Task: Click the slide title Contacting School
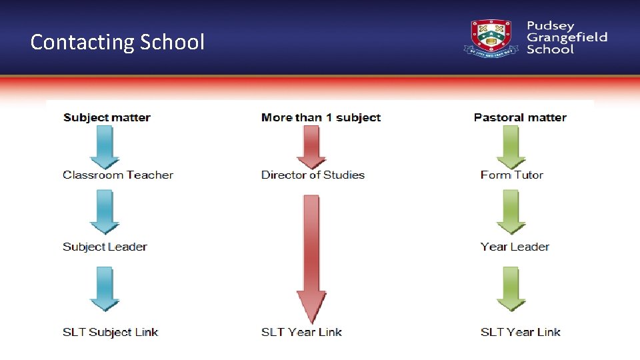[x=117, y=42]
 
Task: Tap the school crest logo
[x=491, y=37]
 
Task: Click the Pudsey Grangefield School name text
[x=566, y=37]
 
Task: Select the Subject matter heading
[x=107, y=118]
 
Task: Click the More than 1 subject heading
[x=321, y=118]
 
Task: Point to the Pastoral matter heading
[x=520, y=118]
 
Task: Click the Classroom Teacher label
[x=118, y=175]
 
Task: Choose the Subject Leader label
[x=105, y=247]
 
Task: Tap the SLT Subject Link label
[x=110, y=332]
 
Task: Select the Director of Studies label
[x=313, y=175]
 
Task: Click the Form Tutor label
[x=511, y=175]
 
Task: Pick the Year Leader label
[x=515, y=247]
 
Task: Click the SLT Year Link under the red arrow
[x=301, y=332]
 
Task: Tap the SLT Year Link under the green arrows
[x=520, y=332]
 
